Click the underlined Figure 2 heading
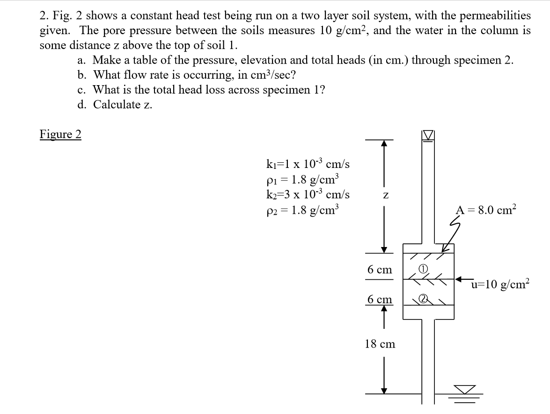(60, 135)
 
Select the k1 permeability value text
(308, 164)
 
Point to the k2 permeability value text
(308, 194)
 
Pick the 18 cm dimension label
(380, 344)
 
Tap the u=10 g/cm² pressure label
(501, 283)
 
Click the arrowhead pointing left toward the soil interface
(460, 280)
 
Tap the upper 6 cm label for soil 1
(380, 270)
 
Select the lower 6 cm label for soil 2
(380, 299)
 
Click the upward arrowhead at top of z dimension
(384, 144)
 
